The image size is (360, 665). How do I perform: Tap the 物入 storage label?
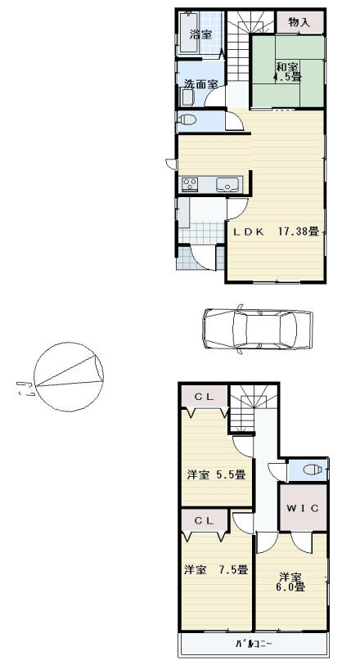[x=299, y=21]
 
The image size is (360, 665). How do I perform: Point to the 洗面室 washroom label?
[x=200, y=84]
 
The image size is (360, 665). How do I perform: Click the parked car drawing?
[x=257, y=330]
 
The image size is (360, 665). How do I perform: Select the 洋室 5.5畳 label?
[x=215, y=474]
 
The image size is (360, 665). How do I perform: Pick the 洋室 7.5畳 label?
[x=215, y=569]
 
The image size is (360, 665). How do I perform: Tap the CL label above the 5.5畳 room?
[x=205, y=397]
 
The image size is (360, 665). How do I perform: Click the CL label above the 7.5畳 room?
[x=205, y=519]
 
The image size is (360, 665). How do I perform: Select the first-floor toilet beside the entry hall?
[x=187, y=121]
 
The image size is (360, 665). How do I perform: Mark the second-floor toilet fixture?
[x=311, y=470]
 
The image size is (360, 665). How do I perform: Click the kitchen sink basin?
[x=226, y=184]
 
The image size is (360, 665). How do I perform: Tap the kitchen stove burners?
[x=191, y=184]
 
